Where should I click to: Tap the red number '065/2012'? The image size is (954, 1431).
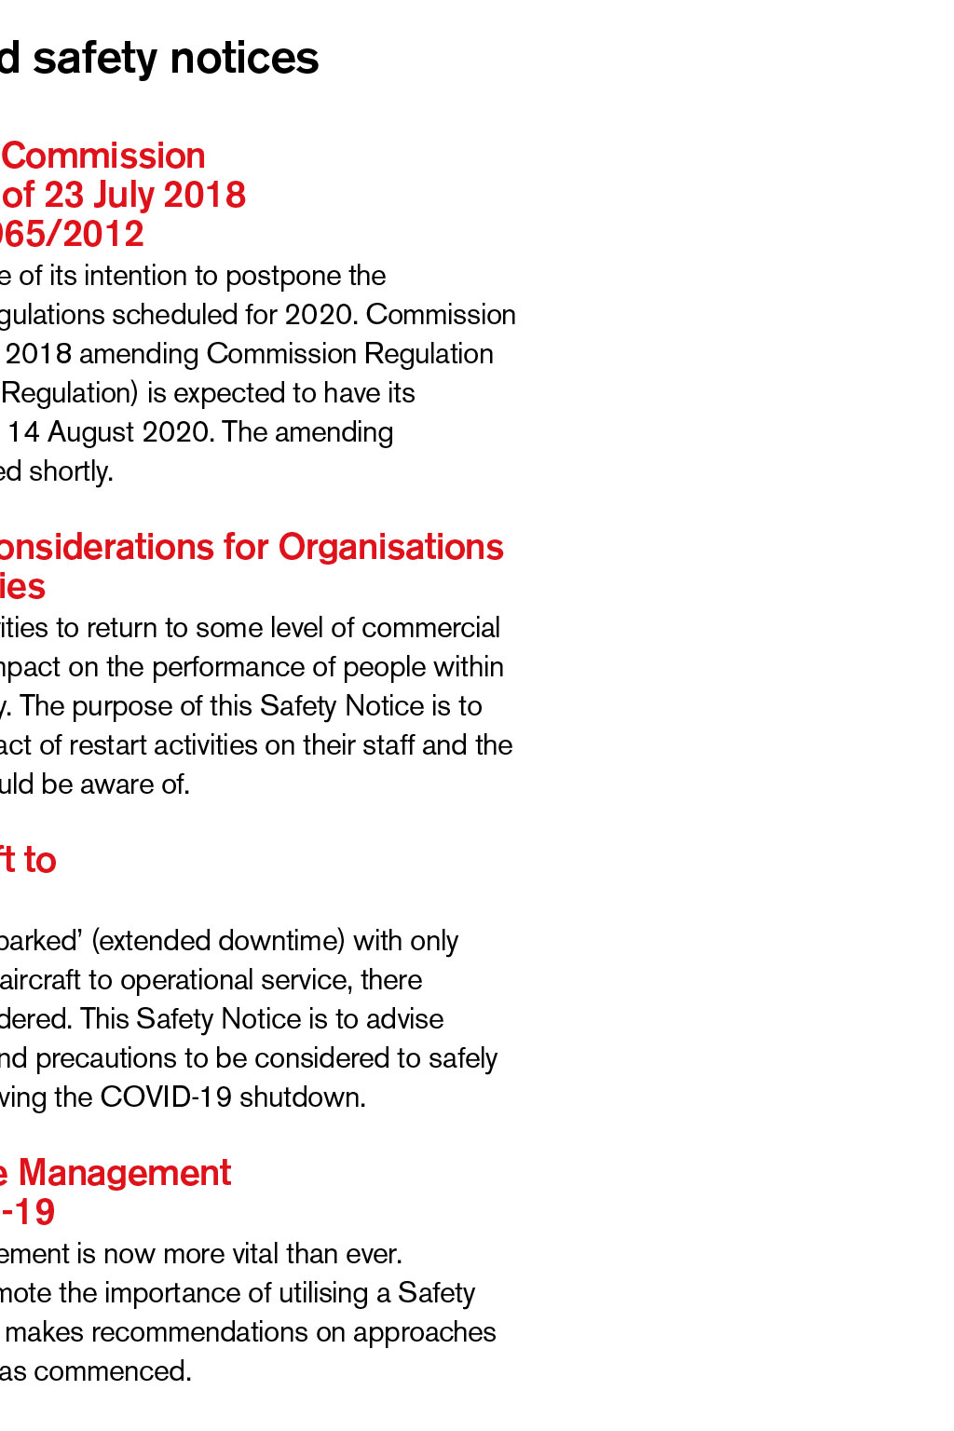[72, 234]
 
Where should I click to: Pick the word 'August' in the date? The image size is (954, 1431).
[102, 432]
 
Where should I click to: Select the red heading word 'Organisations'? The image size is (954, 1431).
[391, 547]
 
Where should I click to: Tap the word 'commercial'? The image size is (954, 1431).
[430, 628]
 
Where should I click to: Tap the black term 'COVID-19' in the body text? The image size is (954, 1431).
[166, 1097]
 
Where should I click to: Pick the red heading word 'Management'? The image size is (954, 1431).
[125, 1173]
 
